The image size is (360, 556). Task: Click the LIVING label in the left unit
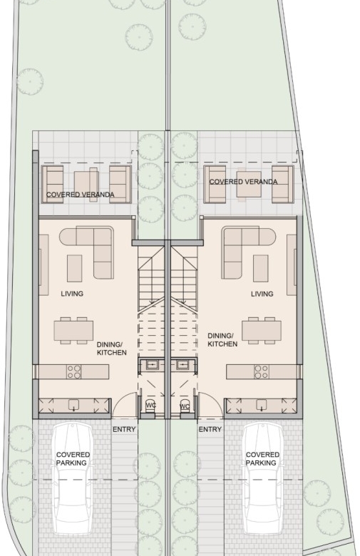coord(72,294)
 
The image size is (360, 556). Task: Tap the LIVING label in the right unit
coord(262,294)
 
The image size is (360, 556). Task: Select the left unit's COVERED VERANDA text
coord(80,195)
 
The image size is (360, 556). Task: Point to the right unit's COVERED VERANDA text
coord(243,182)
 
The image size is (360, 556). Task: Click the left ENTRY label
coord(124,429)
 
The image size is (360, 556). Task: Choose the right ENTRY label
coord(210,429)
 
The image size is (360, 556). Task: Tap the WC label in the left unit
coord(150,406)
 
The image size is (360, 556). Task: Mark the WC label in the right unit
coord(185,406)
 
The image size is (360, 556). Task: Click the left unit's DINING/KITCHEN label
coord(111,349)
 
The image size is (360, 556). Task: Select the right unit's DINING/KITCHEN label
coord(222,340)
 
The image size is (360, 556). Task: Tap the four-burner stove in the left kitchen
coord(73,372)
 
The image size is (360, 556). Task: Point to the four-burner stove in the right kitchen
coord(262,372)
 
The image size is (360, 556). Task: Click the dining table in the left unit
coord(73,331)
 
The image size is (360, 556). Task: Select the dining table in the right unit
coord(262,331)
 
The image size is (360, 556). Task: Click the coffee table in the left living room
coord(74,268)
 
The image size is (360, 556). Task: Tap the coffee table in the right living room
coord(260,268)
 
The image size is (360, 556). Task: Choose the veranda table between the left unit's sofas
coord(86,185)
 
